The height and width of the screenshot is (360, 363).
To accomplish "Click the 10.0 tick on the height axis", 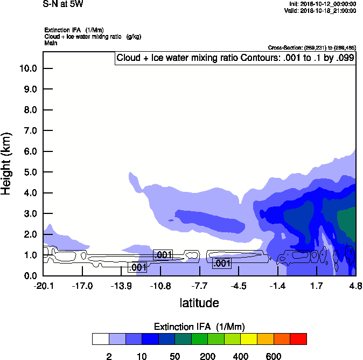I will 28,68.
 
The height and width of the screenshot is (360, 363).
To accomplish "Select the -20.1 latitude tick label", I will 43,285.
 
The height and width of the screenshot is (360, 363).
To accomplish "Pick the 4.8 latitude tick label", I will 355,285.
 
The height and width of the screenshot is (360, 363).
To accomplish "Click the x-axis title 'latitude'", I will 199,303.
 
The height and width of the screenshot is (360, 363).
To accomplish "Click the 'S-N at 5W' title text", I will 63,4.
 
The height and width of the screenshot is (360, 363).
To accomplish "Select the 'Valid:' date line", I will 320,10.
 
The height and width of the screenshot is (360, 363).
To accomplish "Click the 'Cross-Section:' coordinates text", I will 312,47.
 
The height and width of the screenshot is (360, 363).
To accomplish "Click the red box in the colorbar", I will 298,339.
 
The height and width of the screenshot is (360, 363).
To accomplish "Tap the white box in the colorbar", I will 100,339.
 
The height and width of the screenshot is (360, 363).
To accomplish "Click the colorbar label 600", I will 274,356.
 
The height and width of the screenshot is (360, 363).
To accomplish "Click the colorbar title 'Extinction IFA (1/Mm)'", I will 199,327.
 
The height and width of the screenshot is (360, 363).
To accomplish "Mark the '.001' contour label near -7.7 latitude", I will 222,263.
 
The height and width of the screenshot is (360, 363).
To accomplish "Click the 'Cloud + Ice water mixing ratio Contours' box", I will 235,58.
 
